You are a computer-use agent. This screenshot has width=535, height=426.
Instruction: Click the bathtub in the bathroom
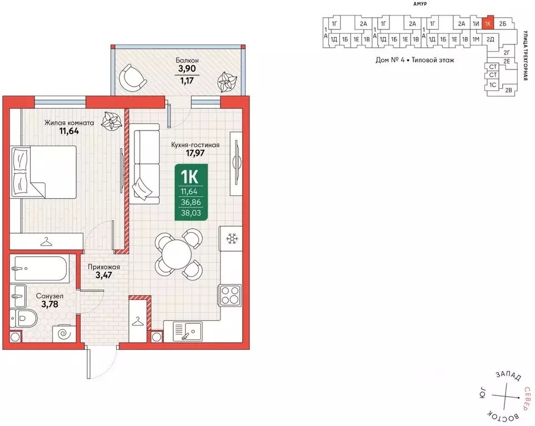[x=39, y=268]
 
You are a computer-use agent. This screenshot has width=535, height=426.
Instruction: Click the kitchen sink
[x=188, y=331]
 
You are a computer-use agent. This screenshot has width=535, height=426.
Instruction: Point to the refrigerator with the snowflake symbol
[x=232, y=238]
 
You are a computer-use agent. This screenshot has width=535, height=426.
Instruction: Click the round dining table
[x=177, y=254]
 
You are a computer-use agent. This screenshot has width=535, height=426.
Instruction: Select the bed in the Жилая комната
[x=44, y=172]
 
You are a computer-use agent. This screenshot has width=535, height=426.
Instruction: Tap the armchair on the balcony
[x=132, y=77]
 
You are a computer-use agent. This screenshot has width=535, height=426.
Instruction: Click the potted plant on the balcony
[x=227, y=82]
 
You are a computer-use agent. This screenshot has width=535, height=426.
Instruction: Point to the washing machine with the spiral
[x=64, y=334]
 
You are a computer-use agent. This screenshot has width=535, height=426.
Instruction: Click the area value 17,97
[x=195, y=153]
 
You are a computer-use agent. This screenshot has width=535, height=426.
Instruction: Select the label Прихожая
[x=104, y=267]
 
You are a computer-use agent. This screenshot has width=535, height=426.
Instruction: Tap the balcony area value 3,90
[x=187, y=68]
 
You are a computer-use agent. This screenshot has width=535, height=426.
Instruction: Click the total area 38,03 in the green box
[x=191, y=213]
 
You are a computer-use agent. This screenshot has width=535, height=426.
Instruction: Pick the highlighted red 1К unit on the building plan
[x=488, y=23]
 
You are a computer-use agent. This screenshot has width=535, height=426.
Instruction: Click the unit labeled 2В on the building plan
[x=508, y=90]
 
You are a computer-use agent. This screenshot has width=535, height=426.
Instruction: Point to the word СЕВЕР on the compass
[x=527, y=399]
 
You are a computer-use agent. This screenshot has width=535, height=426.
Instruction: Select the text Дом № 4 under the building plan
[x=390, y=60]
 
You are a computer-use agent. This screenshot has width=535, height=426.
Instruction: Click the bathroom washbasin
[x=18, y=296]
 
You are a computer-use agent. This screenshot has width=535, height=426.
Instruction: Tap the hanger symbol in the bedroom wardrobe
[x=47, y=242]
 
